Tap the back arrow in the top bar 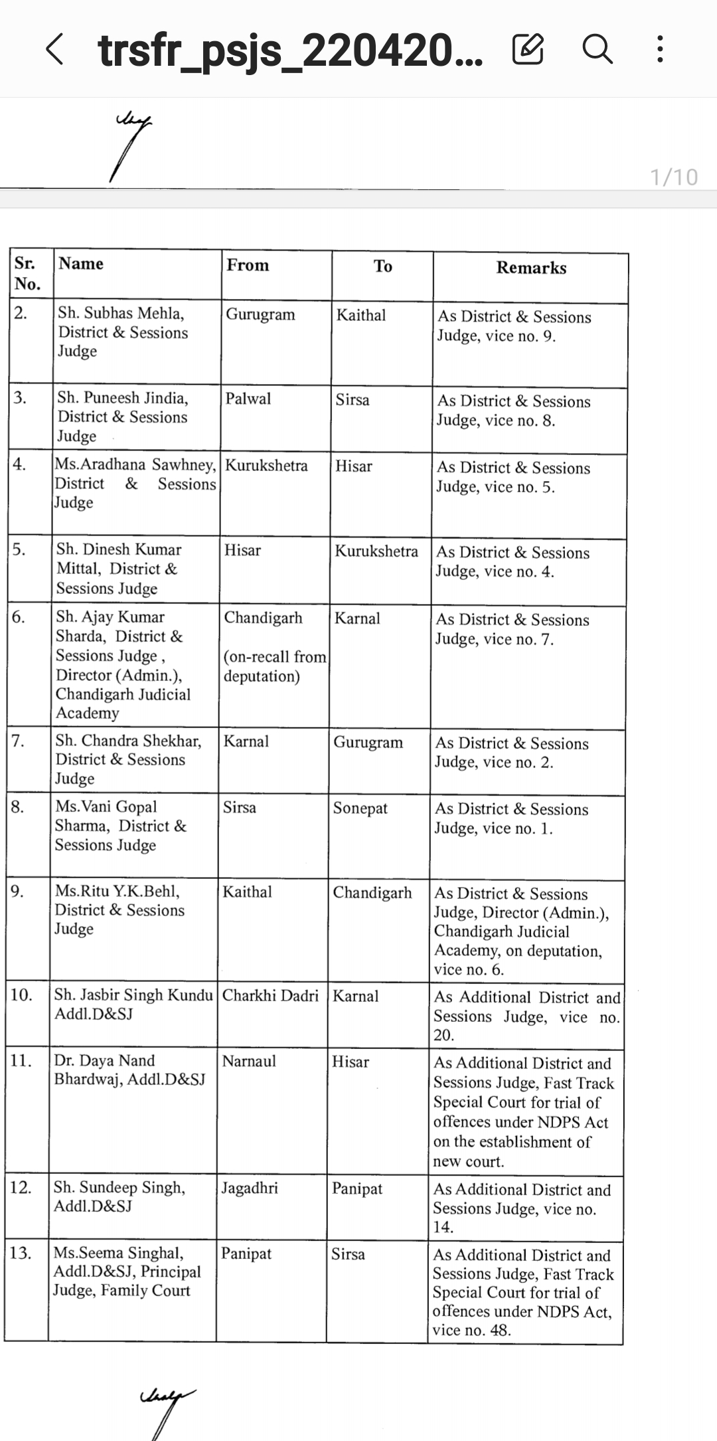(x=54, y=50)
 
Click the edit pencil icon (x=528, y=49)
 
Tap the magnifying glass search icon (x=597, y=49)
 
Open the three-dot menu (x=659, y=49)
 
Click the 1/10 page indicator (x=673, y=177)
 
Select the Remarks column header (x=531, y=268)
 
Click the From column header (x=248, y=266)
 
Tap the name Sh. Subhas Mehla (x=121, y=313)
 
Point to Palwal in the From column (x=248, y=399)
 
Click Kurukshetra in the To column (x=376, y=551)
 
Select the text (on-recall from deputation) (x=274, y=666)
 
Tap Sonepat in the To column (x=360, y=809)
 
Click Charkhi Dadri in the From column (x=270, y=996)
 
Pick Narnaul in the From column (x=248, y=1061)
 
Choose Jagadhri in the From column (x=250, y=1188)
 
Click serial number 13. (x=21, y=1253)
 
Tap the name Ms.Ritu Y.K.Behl (x=118, y=891)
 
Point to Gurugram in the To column (x=368, y=742)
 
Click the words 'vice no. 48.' (x=471, y=1330)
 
